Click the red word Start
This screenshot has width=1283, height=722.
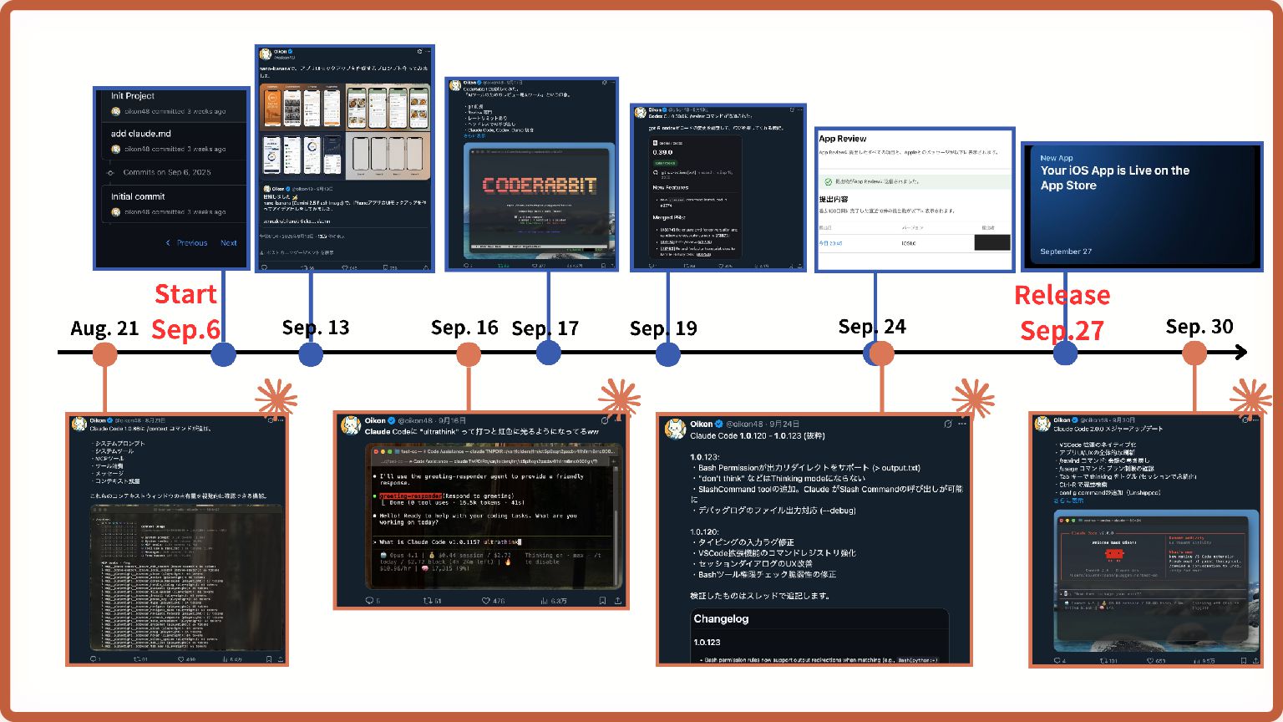tap(185, 294)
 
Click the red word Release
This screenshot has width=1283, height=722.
tap(1062, 295)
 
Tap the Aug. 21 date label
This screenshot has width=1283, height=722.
tap(104, 328)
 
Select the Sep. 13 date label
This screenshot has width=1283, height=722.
tap(316, 328)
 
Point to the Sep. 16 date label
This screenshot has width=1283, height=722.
tap(464, 328)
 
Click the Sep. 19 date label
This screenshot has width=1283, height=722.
tap(663, 328)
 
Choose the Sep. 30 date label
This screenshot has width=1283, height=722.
tap(1199, 327)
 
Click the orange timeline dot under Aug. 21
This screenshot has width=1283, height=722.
tap(104, 353)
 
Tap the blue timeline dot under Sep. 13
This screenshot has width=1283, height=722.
tap(311, 353)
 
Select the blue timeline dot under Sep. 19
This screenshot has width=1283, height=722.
tap(667, 353)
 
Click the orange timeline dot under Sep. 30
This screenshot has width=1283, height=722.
tap(1194, 353)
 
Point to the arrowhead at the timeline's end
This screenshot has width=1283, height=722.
tap(1242, 353)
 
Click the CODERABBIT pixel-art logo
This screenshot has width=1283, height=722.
tap(540, 185)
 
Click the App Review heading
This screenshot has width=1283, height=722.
tap(843, 139)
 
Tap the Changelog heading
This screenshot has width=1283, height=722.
tap(721, 619)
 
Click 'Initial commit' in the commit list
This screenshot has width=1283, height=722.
tap(138, 196)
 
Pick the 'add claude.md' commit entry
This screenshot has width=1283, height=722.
tap(140, 133)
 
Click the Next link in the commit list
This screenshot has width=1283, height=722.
tap(228, 243)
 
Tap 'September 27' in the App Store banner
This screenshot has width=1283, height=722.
tap(1065, 252)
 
